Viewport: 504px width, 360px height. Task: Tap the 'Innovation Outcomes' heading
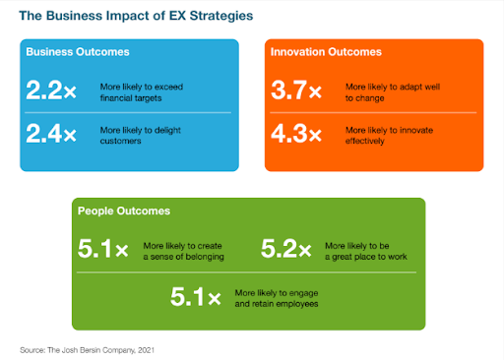click(x=326, y=51)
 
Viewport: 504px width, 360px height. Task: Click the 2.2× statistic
click(x=52, y=91)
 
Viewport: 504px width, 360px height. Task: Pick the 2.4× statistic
click(x=52, y=135)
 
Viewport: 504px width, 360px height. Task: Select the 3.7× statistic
click(x=296, y=91)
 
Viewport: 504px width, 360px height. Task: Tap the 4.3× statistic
click(x=296, y=135)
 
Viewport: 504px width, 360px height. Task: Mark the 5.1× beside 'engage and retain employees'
click(x=195, y=296)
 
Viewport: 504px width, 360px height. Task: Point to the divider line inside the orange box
click(x=373, y=113)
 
